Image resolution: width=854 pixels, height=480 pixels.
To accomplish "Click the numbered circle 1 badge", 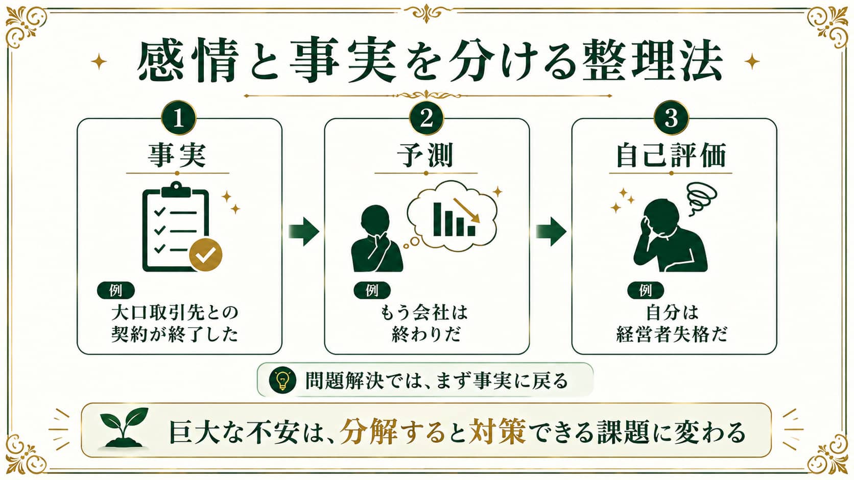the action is tap(179, 118).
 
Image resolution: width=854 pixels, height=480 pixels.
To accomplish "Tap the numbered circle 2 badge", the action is tap(426, 118).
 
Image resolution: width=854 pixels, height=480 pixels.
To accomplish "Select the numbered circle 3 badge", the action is tap(671, 118).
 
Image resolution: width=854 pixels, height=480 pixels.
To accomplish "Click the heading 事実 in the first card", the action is tap(178, 155).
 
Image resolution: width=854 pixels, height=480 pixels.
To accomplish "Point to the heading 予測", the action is tap(426, 155).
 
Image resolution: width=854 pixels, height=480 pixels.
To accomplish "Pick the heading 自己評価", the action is tap(671, 155).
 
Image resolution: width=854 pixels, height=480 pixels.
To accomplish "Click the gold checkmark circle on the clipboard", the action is tap(206, 255).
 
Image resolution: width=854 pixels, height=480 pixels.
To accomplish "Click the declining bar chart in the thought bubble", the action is tap(456, 217).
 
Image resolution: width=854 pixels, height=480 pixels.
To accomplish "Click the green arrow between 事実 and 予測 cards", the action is tap(303, 232).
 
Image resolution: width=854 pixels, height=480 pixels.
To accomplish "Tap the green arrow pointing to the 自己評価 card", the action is tap(551, 232).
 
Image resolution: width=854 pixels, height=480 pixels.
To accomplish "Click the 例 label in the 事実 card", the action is tap(116, 290).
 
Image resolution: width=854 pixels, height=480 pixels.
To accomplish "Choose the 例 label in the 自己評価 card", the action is tap(646, 290).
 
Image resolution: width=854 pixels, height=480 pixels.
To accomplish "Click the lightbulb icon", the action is tap(282, 380).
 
